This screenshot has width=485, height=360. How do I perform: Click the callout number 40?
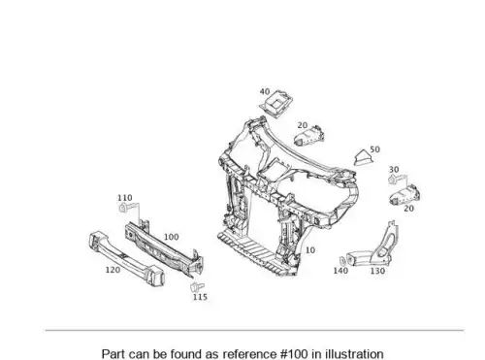265,92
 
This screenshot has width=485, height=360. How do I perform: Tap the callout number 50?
374,149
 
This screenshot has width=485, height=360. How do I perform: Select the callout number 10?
310,250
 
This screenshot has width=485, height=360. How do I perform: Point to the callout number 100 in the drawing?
172,237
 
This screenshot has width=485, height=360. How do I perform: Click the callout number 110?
125,198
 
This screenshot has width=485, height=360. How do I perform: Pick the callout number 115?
200,297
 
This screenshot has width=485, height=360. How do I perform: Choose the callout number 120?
113,270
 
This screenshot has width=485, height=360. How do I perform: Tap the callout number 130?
377,271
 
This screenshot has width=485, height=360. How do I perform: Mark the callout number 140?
340,271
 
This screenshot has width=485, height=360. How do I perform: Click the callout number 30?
394,170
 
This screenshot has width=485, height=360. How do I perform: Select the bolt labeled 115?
197,286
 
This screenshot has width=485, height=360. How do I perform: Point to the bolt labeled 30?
395,180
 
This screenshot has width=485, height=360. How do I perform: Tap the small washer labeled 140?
342,260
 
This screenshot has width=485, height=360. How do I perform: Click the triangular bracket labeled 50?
364,157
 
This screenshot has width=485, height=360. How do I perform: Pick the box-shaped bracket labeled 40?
276,104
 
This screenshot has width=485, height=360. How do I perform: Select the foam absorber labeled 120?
126,258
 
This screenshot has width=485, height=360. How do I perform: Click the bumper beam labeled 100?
164,249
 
